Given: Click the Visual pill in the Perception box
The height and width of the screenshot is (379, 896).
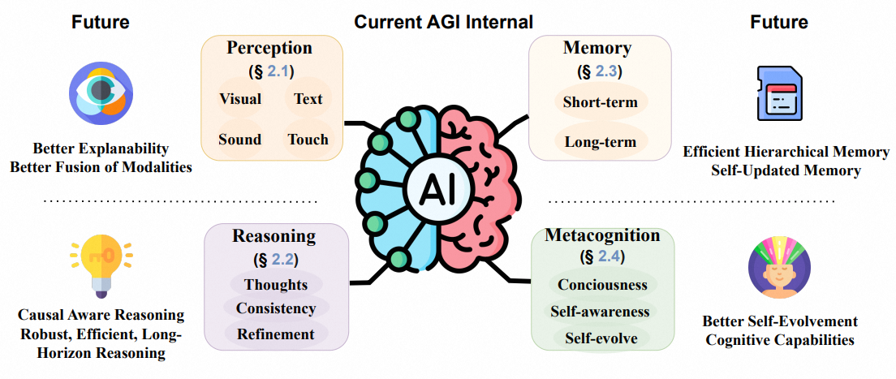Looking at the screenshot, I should [240, 99].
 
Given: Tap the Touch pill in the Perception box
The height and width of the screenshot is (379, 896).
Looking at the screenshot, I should [308, 139].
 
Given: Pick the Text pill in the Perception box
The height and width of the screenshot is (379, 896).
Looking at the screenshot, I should [308, 99].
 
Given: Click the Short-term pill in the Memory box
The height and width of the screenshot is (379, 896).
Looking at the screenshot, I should [601, 102].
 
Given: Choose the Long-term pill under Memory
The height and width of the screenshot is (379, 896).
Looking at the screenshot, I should [601, 142].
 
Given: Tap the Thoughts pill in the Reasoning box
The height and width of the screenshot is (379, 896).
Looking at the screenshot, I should [277, 284].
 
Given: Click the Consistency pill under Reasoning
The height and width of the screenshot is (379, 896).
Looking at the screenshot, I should [276, 308].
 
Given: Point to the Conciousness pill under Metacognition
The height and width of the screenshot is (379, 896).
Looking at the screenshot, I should [602, 285].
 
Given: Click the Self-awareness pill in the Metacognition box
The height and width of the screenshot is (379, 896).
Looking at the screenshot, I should [602, 311].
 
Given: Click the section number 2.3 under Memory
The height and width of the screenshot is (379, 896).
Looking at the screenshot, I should [605, 71].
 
